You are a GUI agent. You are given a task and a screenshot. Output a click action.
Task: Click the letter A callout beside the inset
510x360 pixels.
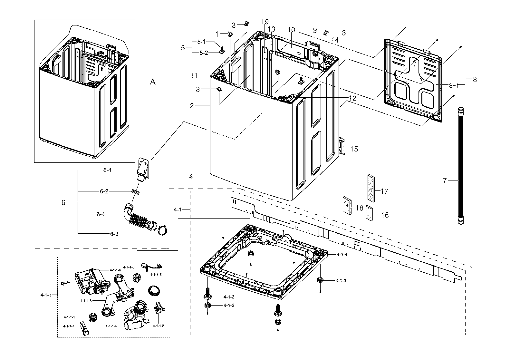(x=153, y=82)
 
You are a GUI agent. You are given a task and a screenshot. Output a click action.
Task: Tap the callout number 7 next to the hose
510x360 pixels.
(x=445, y=181)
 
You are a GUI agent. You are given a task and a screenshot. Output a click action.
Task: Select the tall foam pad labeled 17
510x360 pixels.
(x=372, y=187)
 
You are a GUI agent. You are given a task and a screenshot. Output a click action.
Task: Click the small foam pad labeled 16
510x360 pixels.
(x=369, y=213)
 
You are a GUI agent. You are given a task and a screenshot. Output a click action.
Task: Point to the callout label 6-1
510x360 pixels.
(x=107, y=170)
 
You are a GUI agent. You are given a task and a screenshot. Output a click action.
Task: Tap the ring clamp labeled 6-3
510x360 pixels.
(x=163, y=230)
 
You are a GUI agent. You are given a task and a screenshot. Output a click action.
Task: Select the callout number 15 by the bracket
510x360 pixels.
(x=354, y=149)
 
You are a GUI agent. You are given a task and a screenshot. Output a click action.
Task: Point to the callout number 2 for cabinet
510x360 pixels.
(x=192, y=105)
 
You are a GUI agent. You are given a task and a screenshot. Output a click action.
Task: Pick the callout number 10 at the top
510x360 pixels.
(x=291, y=30)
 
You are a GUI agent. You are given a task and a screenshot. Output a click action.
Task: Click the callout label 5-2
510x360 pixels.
(x=203, y=53)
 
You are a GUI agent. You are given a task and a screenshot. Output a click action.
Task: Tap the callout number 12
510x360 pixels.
(x=353, y=98)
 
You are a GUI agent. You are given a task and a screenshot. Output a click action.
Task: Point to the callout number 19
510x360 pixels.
(x=265, y=22)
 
